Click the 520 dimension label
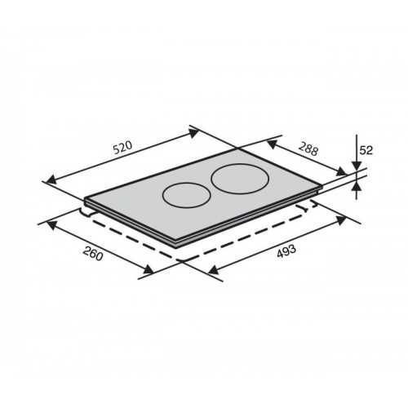[x=122, y=147]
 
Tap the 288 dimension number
[x=308, y=149]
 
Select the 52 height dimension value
[x=366, y=150]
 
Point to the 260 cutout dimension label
[x=93, y=254]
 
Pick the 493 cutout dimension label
[x=286, y=251]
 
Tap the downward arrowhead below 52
[x=357, y=166]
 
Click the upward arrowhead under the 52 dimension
[x=357, y=187]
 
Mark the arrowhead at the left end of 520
[x=51, y=180]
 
